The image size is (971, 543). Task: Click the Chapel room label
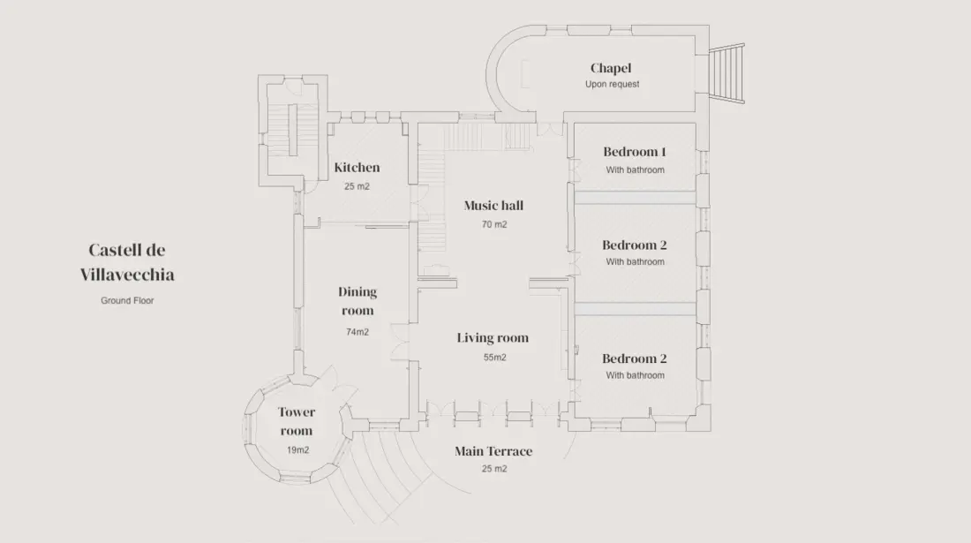tap(611, 68)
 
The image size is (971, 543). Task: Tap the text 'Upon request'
tap(612, 84)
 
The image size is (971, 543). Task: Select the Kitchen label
tap(357, 167)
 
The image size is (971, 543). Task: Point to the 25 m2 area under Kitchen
tap(357, 186)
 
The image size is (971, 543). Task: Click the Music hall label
tap(493, 206)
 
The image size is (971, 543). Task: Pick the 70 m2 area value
tap(494, 225)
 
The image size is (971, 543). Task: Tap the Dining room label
tap(358, 301)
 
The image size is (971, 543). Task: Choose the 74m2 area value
tap(358, 333)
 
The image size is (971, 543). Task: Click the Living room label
tap(493, 338)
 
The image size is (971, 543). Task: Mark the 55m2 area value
tap(495, 358)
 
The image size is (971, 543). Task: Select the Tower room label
tap(296, 421)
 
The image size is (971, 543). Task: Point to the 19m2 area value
tap(297, 450)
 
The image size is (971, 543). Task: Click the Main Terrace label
tap(493, 451)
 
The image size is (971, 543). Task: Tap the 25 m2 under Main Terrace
tap(494, 469)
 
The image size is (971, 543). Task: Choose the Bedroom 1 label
tap(635, 152)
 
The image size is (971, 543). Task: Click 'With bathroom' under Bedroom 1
tap(636, 170)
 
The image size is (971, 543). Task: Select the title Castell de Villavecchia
tap(127, 262)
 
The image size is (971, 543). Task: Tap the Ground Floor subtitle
tap(127, 300)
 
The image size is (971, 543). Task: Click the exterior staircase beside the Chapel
tap(726, 73)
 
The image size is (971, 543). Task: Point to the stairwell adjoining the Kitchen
tap(293, 132)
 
